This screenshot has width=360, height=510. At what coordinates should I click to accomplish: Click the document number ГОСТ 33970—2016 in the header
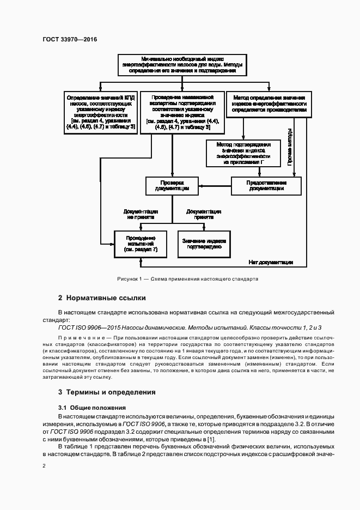66,40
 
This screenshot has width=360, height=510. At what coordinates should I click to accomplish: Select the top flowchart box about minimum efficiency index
182,64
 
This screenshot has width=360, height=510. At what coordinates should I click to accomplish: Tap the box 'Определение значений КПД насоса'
101,111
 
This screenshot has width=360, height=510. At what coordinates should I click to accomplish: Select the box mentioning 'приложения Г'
243,153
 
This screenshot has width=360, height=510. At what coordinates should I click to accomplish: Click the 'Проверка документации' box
172,185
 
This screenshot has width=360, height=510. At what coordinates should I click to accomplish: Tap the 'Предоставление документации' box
267,185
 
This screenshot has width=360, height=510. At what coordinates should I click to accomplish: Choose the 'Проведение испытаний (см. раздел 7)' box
140,243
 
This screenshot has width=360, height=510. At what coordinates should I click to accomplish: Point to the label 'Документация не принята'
141,213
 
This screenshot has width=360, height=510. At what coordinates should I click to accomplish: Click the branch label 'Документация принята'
203,213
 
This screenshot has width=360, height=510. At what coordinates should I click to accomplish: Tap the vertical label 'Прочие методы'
290,146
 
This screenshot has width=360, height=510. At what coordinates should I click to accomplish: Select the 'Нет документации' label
271,262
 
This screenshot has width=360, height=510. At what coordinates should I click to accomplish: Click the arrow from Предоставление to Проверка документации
215,186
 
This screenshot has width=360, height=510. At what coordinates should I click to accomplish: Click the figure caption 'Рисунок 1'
187,278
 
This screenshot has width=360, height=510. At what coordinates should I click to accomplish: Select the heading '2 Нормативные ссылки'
102,298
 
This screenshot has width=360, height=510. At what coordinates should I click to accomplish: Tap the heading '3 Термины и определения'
107,392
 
